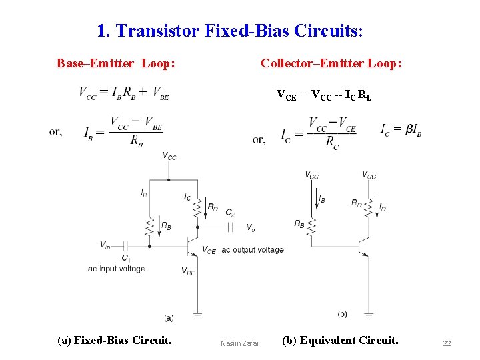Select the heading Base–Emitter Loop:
coord(116,63)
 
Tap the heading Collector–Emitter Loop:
coord(331,63)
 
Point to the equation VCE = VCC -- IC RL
coord(324,95)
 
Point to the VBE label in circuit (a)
coord(188,271)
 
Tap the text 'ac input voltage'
coord(116,269)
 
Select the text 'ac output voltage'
coord(252,250)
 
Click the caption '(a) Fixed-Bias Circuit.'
coord(115,341)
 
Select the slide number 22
coord(447,343)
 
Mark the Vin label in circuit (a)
coord(105,245)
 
